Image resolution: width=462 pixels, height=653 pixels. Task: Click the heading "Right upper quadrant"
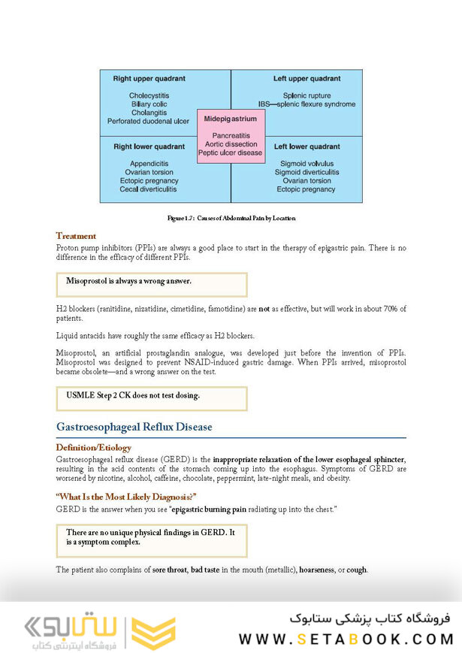(149, 78)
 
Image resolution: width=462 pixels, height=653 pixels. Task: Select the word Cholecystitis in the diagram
(149, 95)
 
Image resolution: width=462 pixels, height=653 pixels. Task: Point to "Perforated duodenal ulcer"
(149, 120)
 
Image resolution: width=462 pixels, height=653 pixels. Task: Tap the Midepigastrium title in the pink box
(231, 119)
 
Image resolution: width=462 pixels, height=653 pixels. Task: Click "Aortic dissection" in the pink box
(231, 144)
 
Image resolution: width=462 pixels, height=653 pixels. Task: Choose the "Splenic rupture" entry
(306, 95)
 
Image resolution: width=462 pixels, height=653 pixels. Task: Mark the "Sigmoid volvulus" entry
(306, 163)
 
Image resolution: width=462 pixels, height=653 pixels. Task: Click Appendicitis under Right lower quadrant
(149, 163)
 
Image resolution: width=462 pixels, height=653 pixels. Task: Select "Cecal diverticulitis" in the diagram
(149, 189)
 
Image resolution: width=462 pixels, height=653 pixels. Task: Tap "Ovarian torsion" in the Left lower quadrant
(306, 181)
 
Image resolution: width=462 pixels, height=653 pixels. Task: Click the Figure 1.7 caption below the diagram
(231, 218)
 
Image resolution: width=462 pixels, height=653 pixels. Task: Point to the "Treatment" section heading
(76, 236)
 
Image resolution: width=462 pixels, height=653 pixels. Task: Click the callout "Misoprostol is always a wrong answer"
(128, 281)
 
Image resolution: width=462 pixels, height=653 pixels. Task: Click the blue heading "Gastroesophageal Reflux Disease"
(134, 427)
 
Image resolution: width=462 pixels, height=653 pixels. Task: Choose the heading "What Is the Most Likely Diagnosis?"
(126, 497)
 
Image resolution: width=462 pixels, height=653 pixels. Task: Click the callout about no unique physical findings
(151, 537)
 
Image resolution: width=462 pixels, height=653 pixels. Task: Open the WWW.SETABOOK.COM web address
(346, 639)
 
